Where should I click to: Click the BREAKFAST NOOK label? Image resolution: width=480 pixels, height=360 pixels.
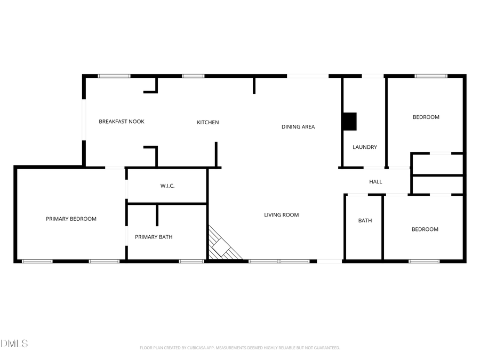(x=122, y=122)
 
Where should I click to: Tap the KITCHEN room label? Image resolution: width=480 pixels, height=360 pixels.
(x=208, y=123)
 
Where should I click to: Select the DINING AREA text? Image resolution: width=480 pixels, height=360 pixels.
(x=298, y=127)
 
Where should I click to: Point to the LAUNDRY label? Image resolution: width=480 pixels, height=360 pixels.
(x=365, y=147)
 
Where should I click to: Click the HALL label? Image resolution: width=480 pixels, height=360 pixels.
(x=375, y=182)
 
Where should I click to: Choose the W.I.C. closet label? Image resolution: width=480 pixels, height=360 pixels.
(x=167, y=186)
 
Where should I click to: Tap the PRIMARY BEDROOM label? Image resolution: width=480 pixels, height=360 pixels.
(x=71, y=219)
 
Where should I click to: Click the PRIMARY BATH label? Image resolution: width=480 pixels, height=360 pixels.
(x=154, y=237)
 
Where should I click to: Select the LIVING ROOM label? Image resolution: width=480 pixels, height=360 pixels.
(x=282, y=215)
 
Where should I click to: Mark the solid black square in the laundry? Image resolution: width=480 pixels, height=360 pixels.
(x=349, y=121)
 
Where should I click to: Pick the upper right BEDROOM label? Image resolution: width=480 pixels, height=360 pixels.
(x=426, y=117)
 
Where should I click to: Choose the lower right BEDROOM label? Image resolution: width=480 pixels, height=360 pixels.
(x=425, y=229)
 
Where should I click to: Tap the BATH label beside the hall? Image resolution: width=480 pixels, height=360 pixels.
(x=365, y=220)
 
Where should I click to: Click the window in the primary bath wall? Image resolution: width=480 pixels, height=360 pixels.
(x=191, y=261)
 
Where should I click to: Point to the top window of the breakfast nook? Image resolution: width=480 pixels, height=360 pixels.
(x=114, y=76)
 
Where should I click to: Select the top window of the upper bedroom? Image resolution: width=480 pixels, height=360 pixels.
(x=431, y=76)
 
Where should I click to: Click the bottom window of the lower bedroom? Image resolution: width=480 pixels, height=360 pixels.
(x=424, y=261)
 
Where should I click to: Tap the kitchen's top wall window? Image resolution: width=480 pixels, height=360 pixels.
(x=193, y=76)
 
